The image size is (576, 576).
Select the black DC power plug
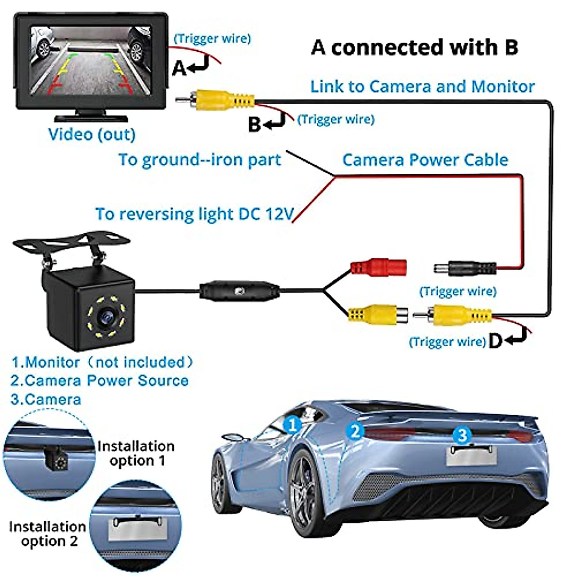pyautogui.click(x=465, y=268)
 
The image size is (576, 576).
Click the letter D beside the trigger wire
pyautogui.click(x=495, y=341)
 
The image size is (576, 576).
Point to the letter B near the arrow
pyautogui.click(x=254, y=125)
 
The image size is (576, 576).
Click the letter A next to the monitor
pyautogui.click(x=179, y=68)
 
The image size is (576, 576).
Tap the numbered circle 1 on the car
pyautogui.click(x=292, y=424)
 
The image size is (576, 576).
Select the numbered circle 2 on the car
pyautogui.click(x=355, y=431)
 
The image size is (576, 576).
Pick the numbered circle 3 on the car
pyautogui.click(x=462, y=435)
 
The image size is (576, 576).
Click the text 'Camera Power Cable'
pyautogui.click(x=425, y=160)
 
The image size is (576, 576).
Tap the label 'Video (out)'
pyautogui.click(x=92, y=134)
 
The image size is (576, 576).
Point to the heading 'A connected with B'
pyautogui.click(x=415, y=48)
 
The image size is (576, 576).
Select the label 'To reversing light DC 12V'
pyautogui.click(x=194, y=214)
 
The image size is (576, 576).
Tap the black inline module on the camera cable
pyautogui.click(x=240, y=291)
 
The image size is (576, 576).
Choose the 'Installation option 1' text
pyautogui.click(x=136, y=453)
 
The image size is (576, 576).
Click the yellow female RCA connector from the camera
pyautogui.click(x=377, y=315)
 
